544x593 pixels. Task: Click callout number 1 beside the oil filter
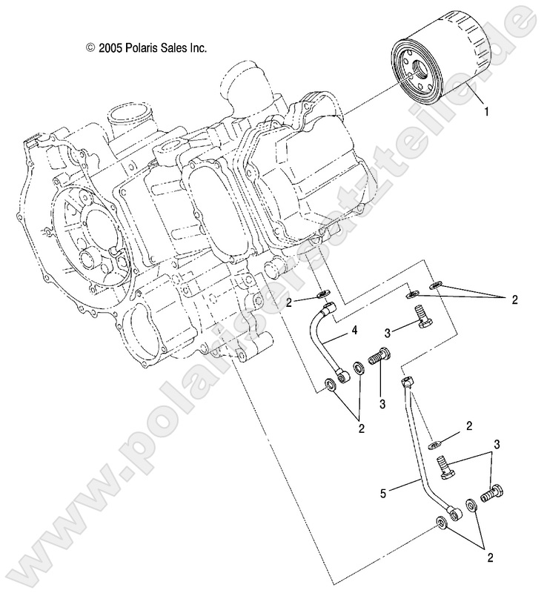[x=486, y=113]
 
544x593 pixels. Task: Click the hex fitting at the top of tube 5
[x=407, y=383]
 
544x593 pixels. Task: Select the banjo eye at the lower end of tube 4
[x=342, y=378]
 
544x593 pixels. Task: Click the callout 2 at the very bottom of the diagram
[x=490, y=555]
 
